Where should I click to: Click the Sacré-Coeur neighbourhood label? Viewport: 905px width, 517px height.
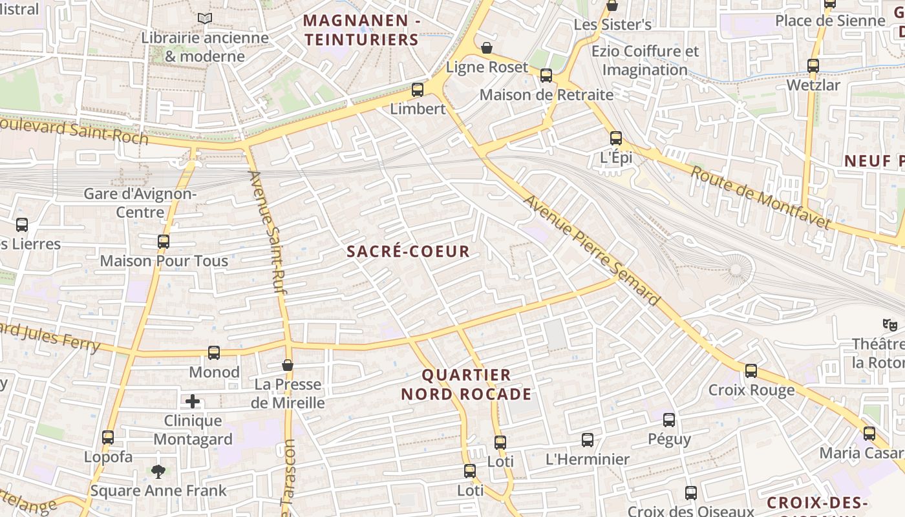pos(408,251)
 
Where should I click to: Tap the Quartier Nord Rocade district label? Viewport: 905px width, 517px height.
pos(466,385)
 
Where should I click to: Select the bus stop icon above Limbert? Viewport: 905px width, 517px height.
pos(418,90)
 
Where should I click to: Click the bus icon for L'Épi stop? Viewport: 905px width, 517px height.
pos(615,138)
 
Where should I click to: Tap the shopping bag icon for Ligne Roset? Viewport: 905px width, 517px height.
pos(486,48)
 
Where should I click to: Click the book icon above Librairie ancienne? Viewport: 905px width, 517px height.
pos(205,19)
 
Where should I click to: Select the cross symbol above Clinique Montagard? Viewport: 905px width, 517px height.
pos(193,402)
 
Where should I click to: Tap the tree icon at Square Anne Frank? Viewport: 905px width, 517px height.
pos(158,471)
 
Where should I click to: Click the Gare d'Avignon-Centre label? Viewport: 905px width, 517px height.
pos(140,203)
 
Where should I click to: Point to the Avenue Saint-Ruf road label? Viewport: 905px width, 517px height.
pos(268,233)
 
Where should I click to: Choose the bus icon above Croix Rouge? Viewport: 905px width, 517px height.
pos(751,371)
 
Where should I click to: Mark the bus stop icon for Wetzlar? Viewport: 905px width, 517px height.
pos(813,66)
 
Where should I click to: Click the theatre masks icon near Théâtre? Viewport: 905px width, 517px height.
pos(890,324)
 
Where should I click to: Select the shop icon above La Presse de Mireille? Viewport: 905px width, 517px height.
pos(288,366)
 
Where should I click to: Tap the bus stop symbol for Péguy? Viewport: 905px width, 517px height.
pos(669,420)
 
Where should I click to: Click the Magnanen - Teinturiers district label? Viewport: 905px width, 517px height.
pos(362,30)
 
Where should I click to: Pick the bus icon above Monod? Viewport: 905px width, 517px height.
pos(214,353)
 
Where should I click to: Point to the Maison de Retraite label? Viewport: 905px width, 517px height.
pos(546,95)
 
